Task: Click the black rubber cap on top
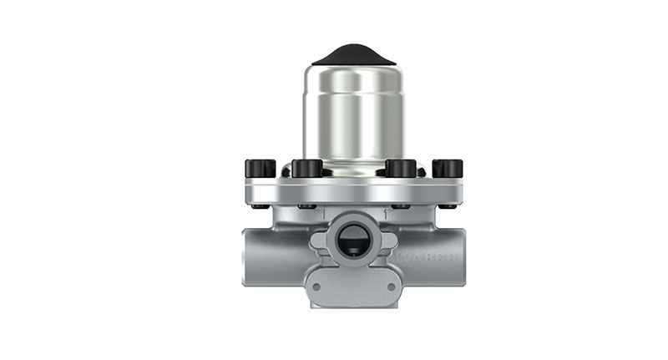(x=353, y=55)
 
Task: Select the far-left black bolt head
(x=260, y=169)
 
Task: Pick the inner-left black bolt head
(x=307, y=169)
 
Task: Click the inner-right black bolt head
(x=401, y=169)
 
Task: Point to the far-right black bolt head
(x=448, y=169)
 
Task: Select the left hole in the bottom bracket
(x=316, y=286)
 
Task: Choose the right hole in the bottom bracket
(x=391, y=286)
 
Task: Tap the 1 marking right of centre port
(x=385, y=215)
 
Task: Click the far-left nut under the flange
(x=260, y=205)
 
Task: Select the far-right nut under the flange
(x=448, y=205)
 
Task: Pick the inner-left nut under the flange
(x=307, y=205)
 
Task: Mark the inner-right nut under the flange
(x=401, y=205)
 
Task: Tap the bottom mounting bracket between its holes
(x=353, y=288)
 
